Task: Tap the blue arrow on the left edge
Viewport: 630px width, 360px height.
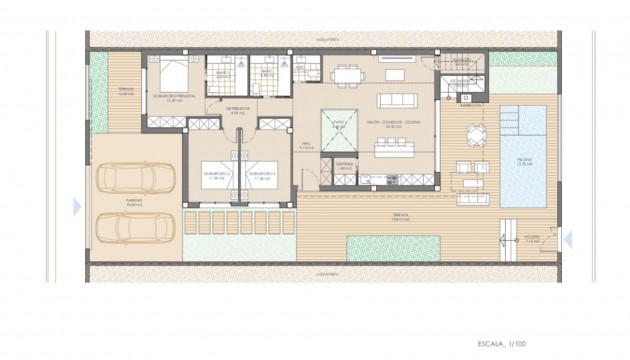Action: tap(77, 206)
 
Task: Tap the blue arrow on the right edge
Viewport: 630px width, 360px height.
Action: tap(568, 238)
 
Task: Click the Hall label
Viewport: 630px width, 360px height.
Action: tap(308, 146)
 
